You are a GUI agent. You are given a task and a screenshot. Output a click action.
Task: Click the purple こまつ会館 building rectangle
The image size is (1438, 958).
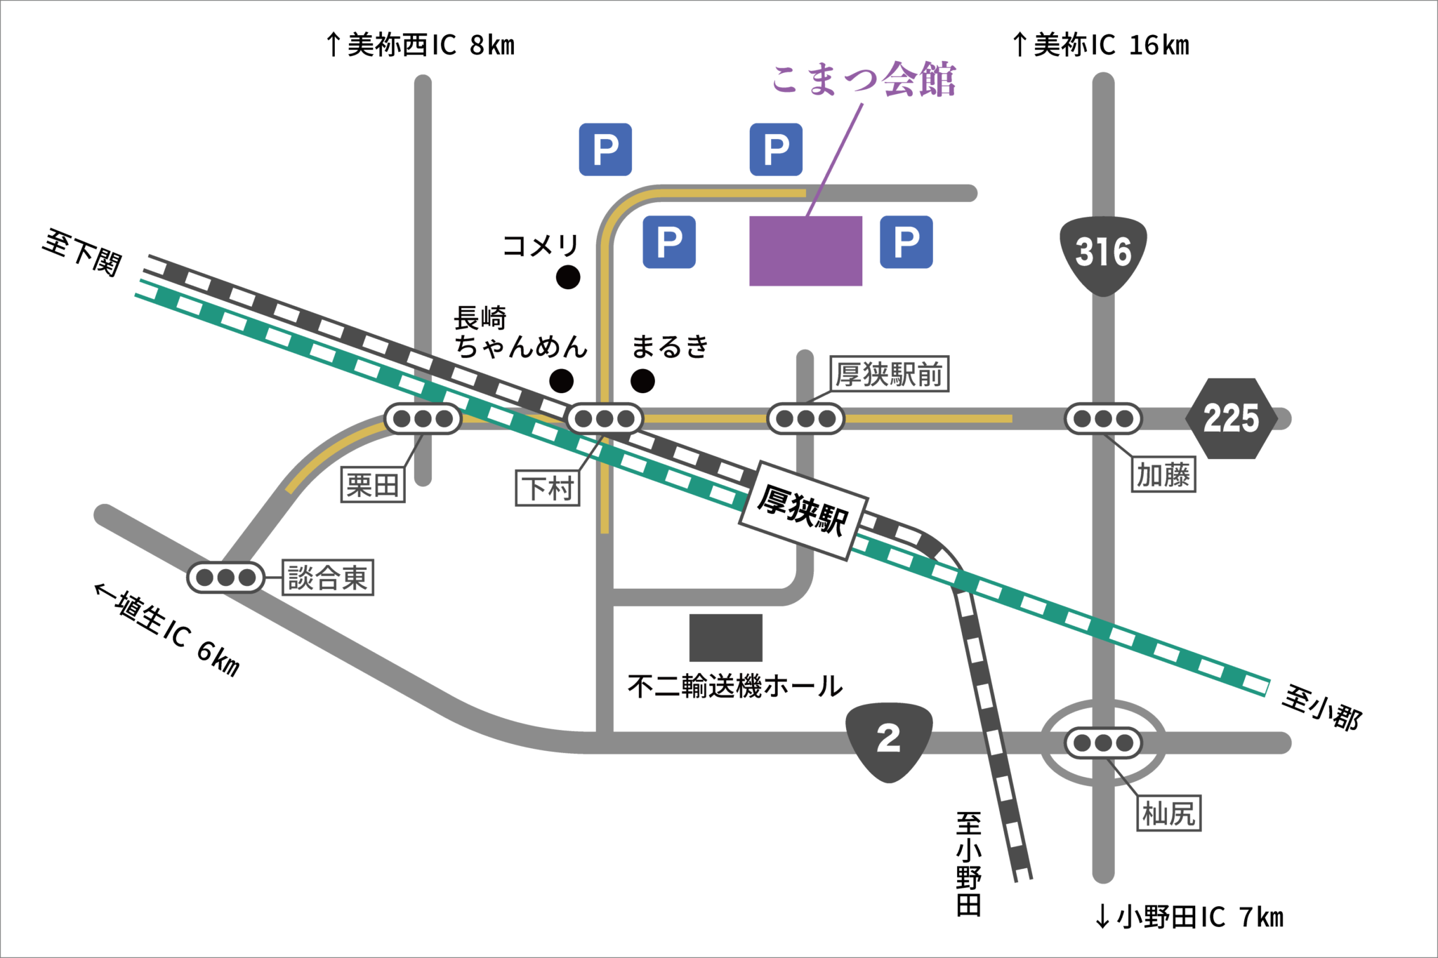point(805,251)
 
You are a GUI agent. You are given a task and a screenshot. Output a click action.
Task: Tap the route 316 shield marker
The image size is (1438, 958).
point(1103,253)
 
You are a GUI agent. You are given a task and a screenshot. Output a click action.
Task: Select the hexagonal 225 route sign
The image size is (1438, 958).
point(1231,418)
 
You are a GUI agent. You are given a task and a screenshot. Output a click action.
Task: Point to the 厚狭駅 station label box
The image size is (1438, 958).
point(803,510)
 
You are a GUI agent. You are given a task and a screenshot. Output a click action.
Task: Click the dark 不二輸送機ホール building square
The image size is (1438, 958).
point(725,637)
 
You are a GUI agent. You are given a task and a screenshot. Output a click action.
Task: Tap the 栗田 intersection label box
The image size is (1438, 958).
point(373,485)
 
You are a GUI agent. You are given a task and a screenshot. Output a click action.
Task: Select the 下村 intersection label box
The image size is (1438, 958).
point(548,488)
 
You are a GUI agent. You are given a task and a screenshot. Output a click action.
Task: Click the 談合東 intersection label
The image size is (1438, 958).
point(328,578)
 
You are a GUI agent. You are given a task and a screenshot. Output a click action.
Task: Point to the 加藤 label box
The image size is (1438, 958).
point(1163,475)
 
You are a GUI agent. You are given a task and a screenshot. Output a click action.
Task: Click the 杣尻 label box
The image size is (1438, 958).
point(1168,813)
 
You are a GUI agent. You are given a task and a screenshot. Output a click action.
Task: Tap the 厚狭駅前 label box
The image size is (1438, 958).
point(889,374)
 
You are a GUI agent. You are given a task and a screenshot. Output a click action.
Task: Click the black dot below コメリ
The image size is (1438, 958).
point(568,277)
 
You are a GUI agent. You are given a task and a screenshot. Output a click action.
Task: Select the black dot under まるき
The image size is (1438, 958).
point(642,381)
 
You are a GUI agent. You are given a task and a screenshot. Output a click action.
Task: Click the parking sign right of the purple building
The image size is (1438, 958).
point(906,242)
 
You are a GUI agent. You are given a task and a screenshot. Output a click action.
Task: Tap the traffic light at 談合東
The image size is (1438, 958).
point(225,578)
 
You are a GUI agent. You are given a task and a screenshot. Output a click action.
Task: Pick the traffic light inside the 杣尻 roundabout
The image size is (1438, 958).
point(1103,743)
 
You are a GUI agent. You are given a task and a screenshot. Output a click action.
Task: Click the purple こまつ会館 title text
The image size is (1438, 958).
point(864,79)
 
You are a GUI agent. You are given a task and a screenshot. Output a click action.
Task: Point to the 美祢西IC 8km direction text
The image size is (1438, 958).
point(421,46)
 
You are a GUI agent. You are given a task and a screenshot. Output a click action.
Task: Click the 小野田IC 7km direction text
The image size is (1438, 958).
point(1189,917)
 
